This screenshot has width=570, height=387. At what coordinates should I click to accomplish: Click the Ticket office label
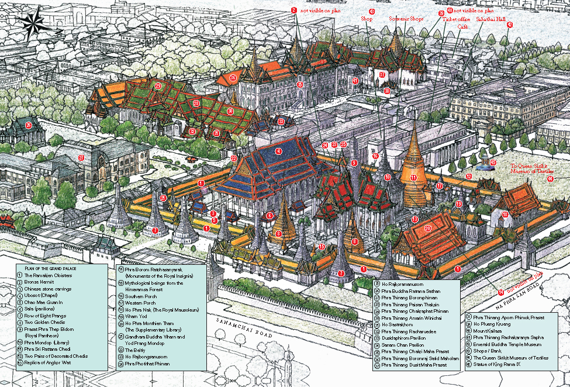click(x=457, y=19)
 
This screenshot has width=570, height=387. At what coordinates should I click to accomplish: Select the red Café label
click(x=462, y=27)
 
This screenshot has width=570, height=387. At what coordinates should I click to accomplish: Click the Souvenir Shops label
click(x=407, y=19)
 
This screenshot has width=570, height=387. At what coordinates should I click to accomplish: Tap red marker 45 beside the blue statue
click(x=493, y=163)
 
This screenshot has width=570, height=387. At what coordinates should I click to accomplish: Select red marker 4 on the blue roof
click(x=278, y=151)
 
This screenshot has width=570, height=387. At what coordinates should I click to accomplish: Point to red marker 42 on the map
click(x=510, y=25)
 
